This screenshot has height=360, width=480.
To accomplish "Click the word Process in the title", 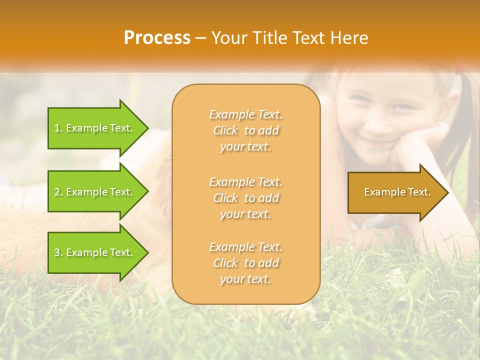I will tap(157, 38).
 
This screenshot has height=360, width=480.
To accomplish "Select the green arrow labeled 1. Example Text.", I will tap(95, 128).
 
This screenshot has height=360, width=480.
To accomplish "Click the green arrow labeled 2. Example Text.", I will tap(95, 192).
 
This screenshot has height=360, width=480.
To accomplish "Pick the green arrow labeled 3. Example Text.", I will tap(95, 252).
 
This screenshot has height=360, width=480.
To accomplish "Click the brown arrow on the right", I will tap(395, 192).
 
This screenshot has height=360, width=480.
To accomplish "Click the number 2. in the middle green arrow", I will tap(58, 192).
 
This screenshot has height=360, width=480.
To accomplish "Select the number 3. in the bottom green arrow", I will tap(58, 252).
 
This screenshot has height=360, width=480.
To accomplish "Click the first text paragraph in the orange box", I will tap(245, 130).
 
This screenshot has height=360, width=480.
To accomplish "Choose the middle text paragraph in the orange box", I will tap(245, 198).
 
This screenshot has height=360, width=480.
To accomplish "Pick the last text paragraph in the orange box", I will tap(245, 263).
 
